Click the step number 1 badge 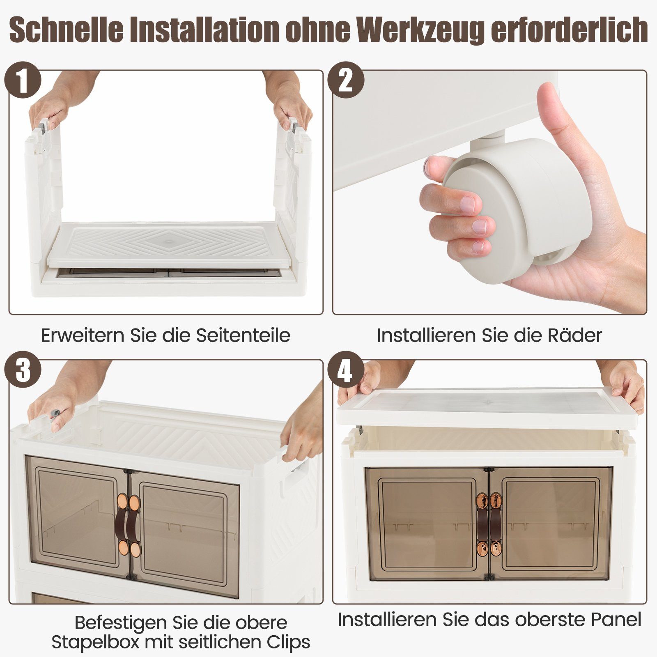(23, 80)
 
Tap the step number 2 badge (346, 80)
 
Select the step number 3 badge (23, 370)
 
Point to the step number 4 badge (346, 370)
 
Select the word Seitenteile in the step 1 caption (243, 335)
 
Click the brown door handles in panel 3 (128, 526)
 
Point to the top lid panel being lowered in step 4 (487, 407)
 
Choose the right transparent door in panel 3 (184, 534)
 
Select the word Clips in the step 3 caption (286, 642)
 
